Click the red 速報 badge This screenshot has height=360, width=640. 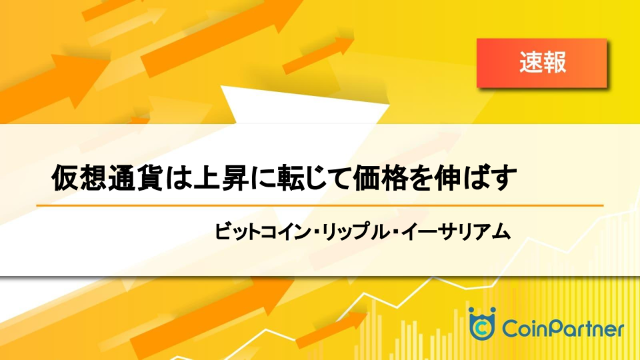click(542, 63)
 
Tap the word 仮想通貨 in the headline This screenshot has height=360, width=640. click(107, 178)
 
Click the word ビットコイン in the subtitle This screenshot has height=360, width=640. click(262, 231)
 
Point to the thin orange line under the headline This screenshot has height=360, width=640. click(319, 205)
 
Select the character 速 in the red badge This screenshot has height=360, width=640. click(531, 62)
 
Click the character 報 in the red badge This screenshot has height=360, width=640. click(554, 62)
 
